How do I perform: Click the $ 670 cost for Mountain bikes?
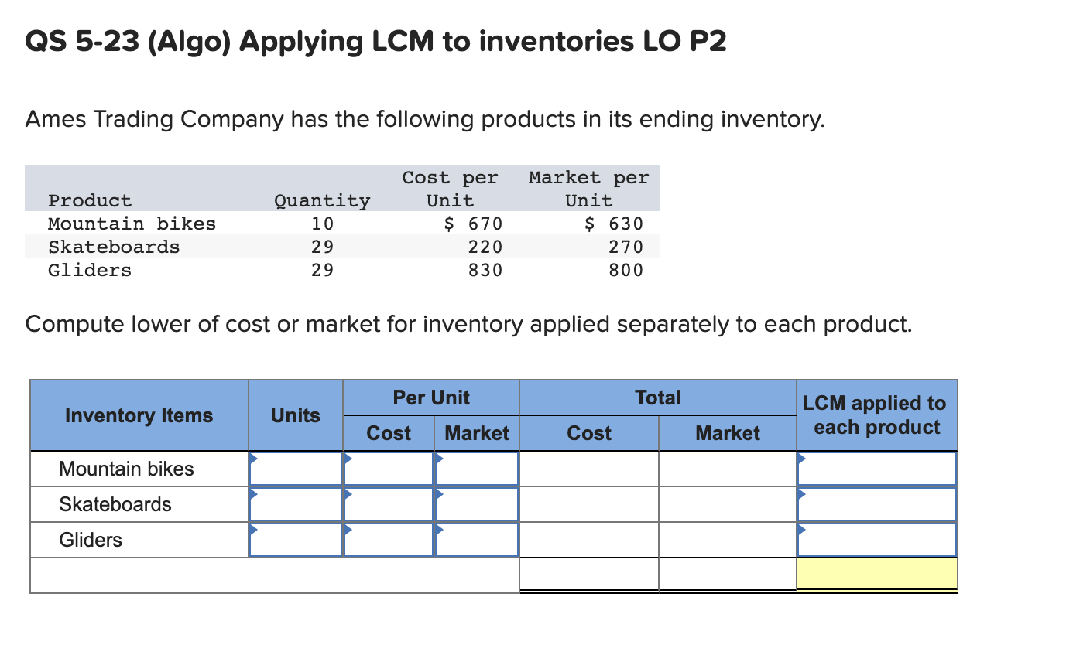coord(473,224)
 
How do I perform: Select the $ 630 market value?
coord(613,224)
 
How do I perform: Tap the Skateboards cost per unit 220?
coord(485,247)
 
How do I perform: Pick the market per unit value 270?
coord(626,247)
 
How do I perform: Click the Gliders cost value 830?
coord(485,271)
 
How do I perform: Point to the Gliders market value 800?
coord(626,271)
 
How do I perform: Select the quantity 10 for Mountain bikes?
coord(323,224)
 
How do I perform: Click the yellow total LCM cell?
coord(877,574)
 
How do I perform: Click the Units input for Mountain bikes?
coord(296,469)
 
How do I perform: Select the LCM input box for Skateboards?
coord(877,504)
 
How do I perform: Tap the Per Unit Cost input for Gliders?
coord(389,540)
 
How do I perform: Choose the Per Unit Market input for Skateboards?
coord(477,504)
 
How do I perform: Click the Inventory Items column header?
coord(139,415)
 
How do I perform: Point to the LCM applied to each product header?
coord(874,415)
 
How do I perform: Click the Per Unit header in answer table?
coord(431,398)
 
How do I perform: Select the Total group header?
coord(657,398)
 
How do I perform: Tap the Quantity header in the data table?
coord(322,201)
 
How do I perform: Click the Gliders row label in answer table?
coord(91,540)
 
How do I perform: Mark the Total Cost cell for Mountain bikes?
coord(589,469)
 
